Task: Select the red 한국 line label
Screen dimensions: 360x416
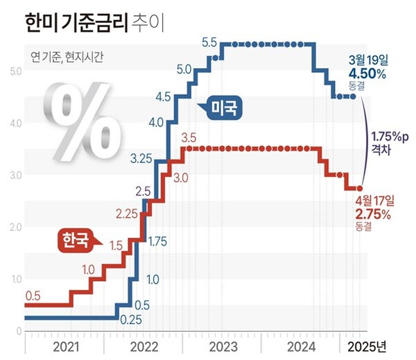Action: (75, 241)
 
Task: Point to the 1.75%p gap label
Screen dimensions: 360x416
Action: (390, 135)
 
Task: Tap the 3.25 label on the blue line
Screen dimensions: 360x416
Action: (141, 159)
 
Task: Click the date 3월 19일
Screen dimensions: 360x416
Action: (366, 61)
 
